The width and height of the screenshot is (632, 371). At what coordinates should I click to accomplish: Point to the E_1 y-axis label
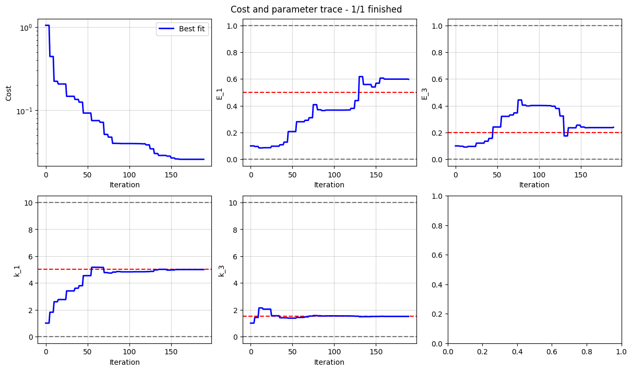220,92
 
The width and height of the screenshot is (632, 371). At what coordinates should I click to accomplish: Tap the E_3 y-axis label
425,92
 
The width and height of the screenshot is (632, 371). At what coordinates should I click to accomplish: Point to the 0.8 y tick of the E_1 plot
231,53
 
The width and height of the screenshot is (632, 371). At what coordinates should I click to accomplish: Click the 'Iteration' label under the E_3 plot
534,185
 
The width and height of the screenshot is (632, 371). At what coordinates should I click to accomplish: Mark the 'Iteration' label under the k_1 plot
124,362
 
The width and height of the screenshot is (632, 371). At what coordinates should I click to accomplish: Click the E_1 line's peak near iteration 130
361,77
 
